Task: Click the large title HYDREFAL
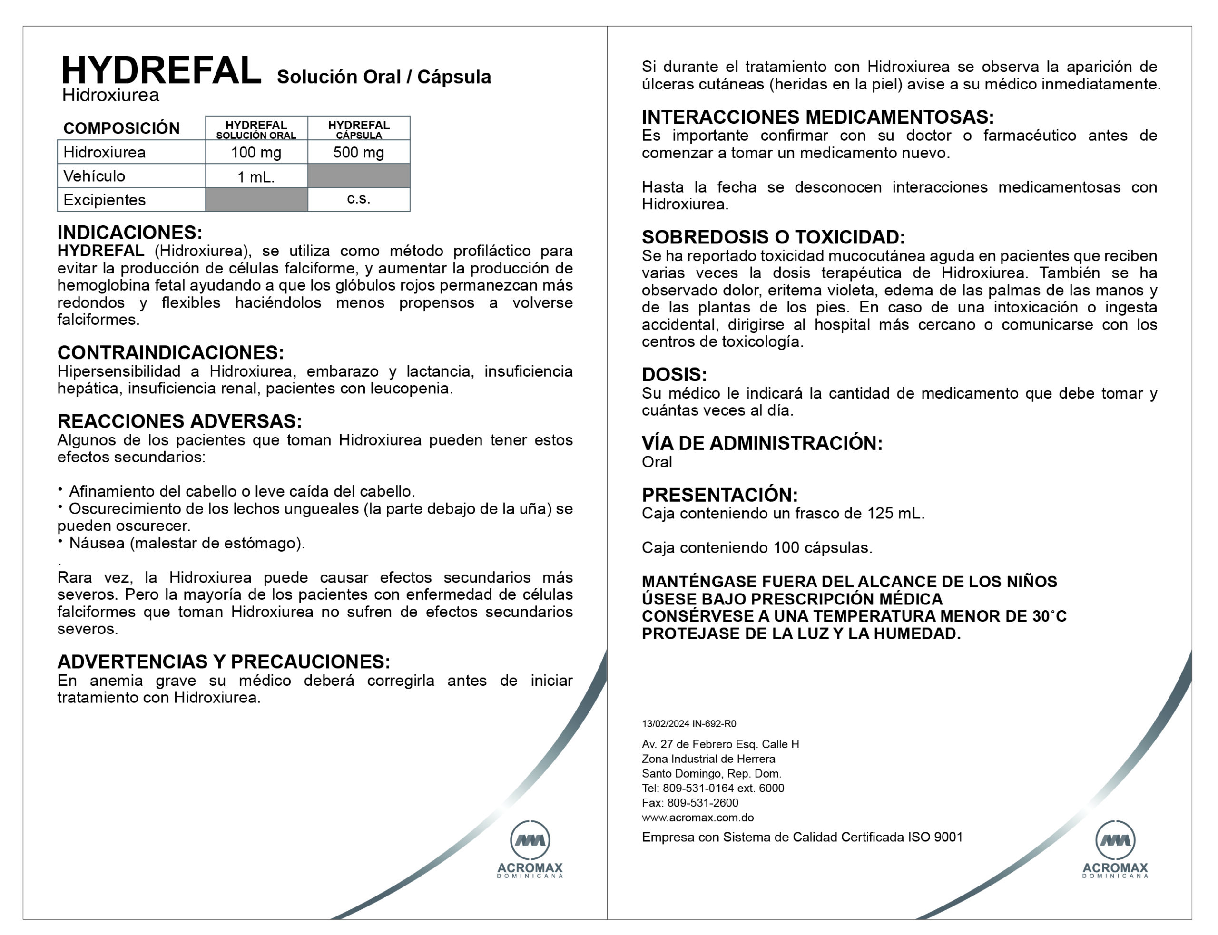pos(161,71)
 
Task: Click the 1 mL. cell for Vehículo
pos(256,177)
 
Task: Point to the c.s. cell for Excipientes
pos(358,199)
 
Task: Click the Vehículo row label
pos(94,176)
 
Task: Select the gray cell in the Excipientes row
pos(256,199)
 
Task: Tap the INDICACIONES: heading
pos(130,232)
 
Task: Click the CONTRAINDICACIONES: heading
pos(170,352)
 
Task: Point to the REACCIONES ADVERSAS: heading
pos(179,421)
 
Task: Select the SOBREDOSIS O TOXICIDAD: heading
pos(773,237)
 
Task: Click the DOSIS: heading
pos(674,374)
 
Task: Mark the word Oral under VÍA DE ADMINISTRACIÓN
pos(657,462)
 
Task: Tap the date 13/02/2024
pos(665,723)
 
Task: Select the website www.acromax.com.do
pos(697,818)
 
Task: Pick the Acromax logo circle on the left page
pos(530,840)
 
